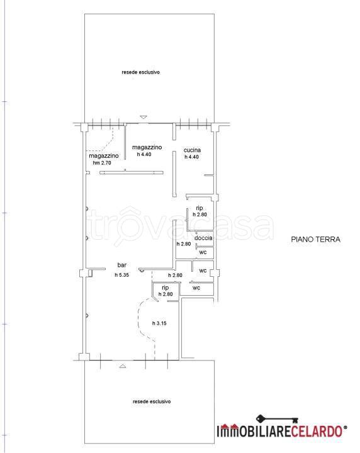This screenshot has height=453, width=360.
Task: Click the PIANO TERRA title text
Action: click(315, 239)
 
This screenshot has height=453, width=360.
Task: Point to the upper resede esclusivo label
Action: click(141, 72)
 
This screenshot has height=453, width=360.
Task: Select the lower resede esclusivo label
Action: click(152, 401)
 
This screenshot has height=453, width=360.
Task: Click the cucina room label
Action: click(192, 150)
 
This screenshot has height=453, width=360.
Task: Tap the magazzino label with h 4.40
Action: click(147, 147)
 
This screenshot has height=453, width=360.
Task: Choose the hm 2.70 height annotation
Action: click(102, 163)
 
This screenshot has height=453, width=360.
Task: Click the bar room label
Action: click(122, 265)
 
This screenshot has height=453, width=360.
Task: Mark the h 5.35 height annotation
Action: click(122, 275)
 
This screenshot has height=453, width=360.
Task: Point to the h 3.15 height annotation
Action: click(159, 323)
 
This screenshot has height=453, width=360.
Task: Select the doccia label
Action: click(203, 238)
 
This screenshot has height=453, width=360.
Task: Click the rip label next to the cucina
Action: click(200, 208)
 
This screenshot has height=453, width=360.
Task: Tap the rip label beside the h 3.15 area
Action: click(166, 288)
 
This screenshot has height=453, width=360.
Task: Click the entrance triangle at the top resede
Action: click(143, 117)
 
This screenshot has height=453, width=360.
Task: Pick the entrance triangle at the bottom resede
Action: click(123, 366)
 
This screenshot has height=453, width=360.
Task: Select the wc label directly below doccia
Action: click(203, 252)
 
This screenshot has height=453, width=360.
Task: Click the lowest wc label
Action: click(196, 288)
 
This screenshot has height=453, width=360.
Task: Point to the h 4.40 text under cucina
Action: click(192, 157)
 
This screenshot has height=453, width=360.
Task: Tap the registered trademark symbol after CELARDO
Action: click(346, 427)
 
